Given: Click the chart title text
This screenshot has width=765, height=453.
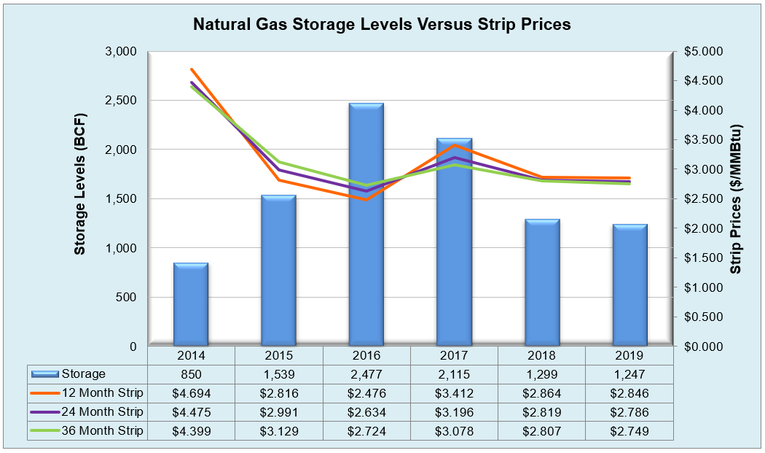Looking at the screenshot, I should coord(381,24).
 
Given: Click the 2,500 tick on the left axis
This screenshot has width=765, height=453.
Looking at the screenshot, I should coord(122,101).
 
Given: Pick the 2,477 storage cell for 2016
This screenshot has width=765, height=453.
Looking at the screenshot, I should coord(366,374).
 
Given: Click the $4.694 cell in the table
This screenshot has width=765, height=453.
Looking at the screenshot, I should coord(191,393).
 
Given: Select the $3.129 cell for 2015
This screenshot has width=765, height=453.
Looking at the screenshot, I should coord(279,431).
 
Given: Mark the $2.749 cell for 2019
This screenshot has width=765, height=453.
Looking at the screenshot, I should coord(629,431).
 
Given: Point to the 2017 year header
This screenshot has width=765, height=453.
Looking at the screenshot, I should coord(454,356).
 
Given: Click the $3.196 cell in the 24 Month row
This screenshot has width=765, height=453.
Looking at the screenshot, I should coord(454,412).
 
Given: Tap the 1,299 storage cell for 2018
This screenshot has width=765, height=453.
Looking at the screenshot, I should coord(541,374).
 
